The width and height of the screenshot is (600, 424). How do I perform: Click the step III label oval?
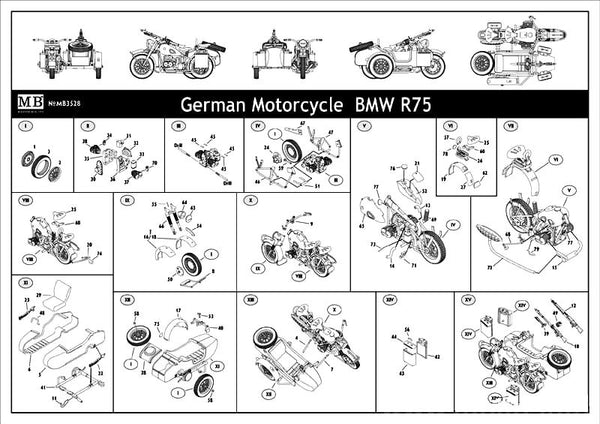pyautogui.click(x=178, y=128)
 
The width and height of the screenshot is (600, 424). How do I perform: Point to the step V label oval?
pyautogui.click(x=364, y=128)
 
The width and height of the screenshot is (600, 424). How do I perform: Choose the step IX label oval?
pyautogui.click(x=127, y=201)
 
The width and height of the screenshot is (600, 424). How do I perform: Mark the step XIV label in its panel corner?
pyautogui.click(x=389, y=298)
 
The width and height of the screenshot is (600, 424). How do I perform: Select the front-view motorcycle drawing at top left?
pyautogui.click(x=60, y=50)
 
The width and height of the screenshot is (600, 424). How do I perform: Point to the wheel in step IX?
pyautogui.click(x=189, y=269)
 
